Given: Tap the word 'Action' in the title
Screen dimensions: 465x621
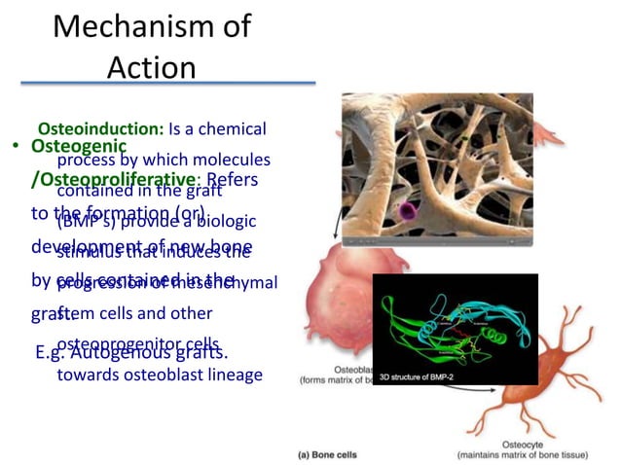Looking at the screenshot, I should (151, 67).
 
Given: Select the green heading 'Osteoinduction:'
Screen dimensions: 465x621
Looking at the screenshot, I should (100, 128).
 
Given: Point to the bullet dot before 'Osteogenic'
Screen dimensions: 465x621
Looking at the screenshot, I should (17, 147).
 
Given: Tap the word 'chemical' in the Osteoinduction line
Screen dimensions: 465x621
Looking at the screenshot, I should (235, 128).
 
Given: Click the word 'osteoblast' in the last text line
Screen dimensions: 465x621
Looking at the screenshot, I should (165, 375).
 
